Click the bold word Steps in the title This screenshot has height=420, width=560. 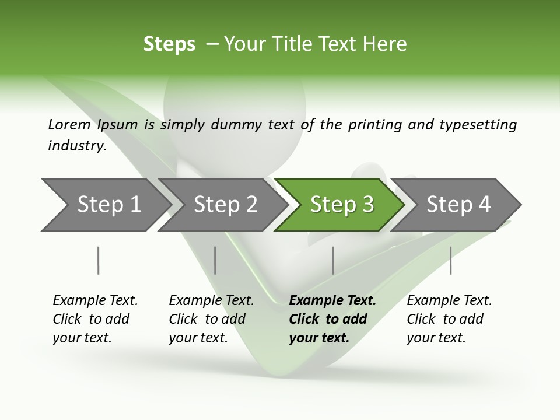169,44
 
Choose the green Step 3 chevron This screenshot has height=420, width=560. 342,205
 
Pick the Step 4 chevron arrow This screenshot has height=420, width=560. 459,205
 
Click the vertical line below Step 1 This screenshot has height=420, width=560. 99,260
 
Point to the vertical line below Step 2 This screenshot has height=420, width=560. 215,260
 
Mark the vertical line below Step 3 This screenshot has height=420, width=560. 332,260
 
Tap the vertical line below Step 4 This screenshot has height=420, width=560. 450,260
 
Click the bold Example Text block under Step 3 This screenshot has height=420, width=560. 332,319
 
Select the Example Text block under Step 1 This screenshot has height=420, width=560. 95,319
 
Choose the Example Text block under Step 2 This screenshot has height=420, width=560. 211,319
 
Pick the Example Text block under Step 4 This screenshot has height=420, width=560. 449,319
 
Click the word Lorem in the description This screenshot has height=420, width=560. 69,125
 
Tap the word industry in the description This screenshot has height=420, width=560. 76,145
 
